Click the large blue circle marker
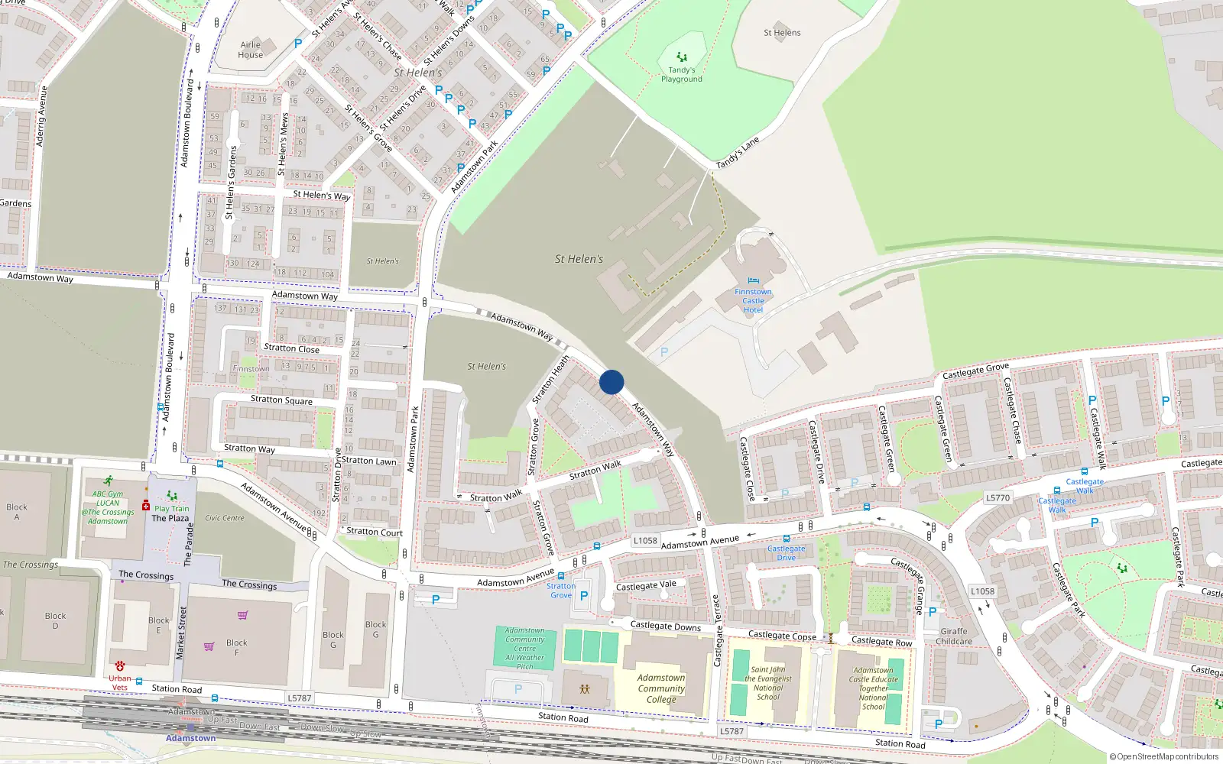611,382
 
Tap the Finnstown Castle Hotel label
753,301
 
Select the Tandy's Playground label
681,74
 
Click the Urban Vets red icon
120,666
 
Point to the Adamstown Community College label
661,688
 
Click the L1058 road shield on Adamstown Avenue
645,540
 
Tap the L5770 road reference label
998,497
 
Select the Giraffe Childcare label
954,636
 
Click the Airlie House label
250,50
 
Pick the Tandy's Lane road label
738,153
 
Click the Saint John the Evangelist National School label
767,683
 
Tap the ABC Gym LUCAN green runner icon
109,481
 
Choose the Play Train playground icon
172,496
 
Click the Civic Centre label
224,518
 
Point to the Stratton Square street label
281,400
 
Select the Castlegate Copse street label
782,636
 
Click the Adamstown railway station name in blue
190,738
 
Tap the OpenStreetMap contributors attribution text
1163,757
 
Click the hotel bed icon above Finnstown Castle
754,281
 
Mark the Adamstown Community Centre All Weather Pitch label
524,649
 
